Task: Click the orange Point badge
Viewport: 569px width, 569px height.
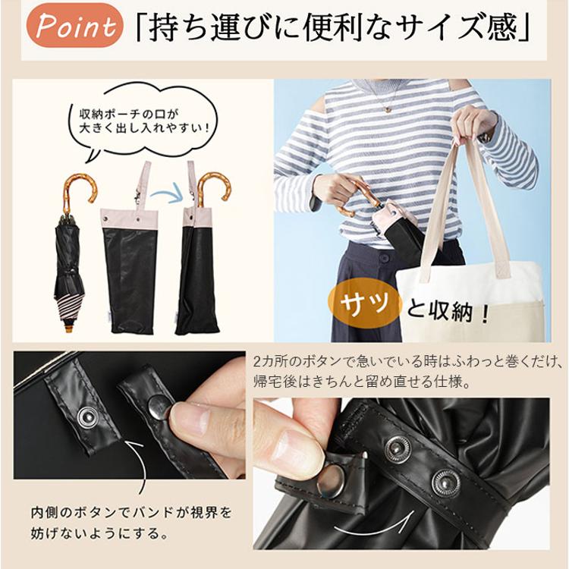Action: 74,25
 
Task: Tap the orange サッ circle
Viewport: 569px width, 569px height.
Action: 365,303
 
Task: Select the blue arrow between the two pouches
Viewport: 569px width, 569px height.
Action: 168,194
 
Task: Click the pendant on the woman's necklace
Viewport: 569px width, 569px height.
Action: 388,108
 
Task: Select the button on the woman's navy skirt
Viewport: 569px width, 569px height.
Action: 384,259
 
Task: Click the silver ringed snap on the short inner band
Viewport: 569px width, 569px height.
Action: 87,417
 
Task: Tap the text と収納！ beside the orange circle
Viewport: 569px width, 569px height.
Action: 448,310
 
